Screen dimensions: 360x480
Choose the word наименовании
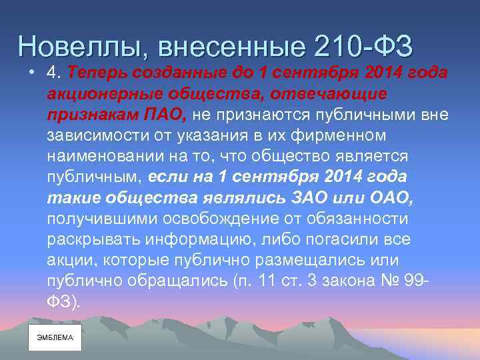point(108,156)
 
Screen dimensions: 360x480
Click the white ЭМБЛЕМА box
point(55,338)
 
